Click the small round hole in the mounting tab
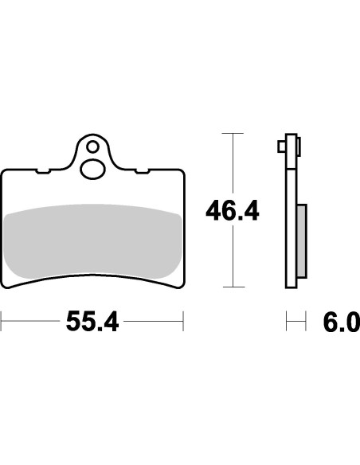92,147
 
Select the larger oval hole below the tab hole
92,169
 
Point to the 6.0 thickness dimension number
340,323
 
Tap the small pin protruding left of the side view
281,147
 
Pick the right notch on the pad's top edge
141,170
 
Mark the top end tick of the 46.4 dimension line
232,134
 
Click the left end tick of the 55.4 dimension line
2,322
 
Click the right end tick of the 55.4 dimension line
183,322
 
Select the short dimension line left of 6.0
295,322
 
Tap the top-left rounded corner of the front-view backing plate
6,172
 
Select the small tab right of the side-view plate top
299,147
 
